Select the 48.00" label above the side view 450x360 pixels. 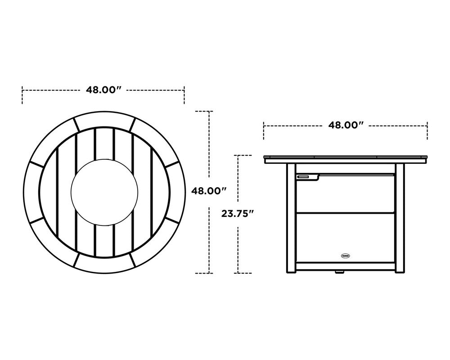tap(346, 125)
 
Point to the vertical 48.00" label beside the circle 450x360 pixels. tap(209, 191)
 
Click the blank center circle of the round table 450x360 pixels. tap(103, 191)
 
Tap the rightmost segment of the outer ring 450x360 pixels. tap(175, 191)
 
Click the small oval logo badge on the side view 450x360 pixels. tap(346, 255)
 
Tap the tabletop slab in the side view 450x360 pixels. tap(345, 159)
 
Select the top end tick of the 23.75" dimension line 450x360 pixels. tap(243, 156)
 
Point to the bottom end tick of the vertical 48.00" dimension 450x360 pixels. tap(203, 273)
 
